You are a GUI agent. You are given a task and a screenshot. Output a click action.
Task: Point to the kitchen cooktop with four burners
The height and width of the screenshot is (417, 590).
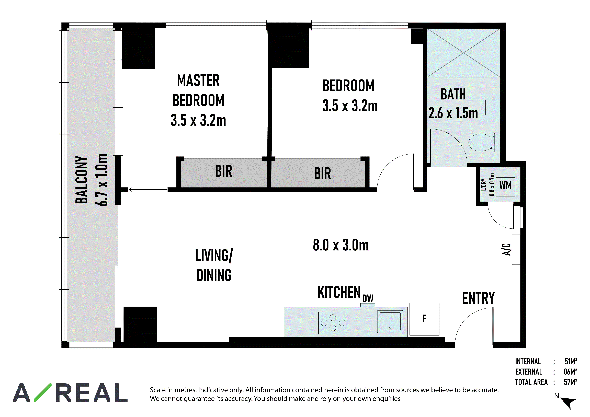[x=333, y=323]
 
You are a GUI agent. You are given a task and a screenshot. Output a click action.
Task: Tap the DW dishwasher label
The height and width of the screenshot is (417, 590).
[x=368, y=299]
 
